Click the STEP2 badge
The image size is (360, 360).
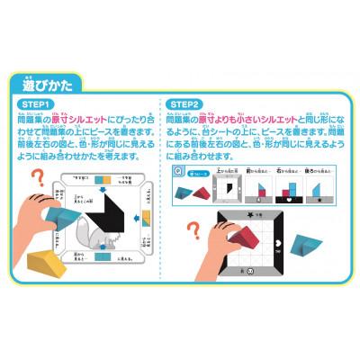(186, 105)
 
